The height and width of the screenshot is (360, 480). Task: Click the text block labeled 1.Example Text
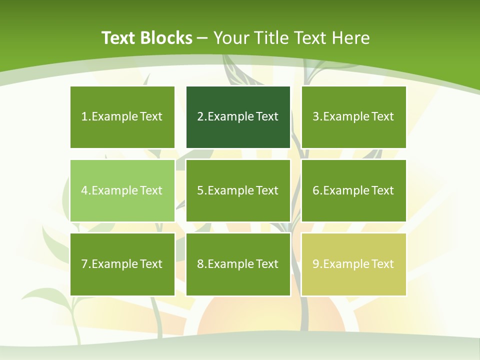[122, 117]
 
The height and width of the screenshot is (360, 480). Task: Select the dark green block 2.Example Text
[238, 117]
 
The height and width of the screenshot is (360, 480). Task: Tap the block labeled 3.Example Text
[354, 117]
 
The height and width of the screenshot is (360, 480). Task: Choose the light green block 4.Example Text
[122, 190]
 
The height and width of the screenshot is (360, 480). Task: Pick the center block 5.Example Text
[238, 190]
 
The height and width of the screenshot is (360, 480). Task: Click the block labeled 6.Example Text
[354, 190]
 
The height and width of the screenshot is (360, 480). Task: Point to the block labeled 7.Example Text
[122, 264]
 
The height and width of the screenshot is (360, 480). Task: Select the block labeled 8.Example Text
[238, 264]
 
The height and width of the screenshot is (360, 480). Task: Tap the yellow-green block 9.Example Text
[354, 264]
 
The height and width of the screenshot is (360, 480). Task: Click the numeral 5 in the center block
[200, 190]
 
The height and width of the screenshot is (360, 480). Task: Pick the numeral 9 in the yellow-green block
[315, 264]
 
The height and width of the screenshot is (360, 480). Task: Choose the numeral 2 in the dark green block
[200, 117]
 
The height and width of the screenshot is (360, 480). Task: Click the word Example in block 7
[114, 264]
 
